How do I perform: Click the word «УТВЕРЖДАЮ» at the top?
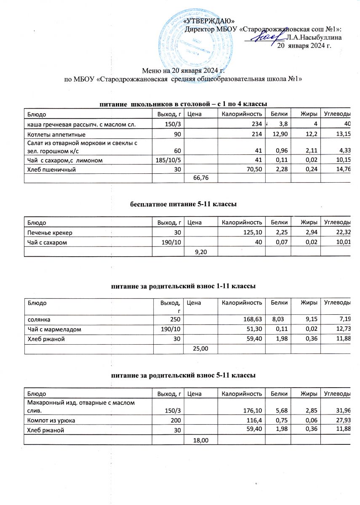click(x=215, y=21)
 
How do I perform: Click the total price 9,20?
click(x=201, y=251)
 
